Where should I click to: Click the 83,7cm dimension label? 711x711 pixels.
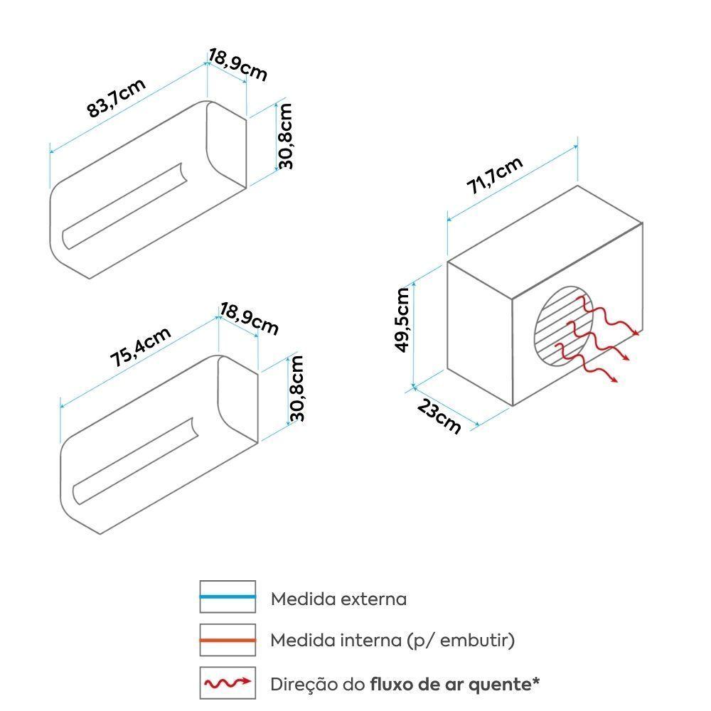[x=116, y=97]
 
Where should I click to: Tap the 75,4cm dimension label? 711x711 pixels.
[x=141, y=346]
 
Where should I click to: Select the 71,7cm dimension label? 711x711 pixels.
[x=495, y=175]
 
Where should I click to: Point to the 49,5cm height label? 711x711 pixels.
[x=402, y=320]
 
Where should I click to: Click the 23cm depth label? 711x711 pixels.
[x=439, y=416]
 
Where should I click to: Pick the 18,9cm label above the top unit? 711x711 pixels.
[x=237, y=65]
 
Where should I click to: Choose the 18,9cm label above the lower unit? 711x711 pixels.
[x=249, y=319]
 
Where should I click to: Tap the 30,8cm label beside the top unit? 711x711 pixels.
[x=286, y=136]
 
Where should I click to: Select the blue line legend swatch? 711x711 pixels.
[x=228, y=597]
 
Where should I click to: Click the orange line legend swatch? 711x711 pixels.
[x=228, y=640]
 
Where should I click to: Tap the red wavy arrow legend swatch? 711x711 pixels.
[x=228, y=683]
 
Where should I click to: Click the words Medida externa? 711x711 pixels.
[x=338, y=599]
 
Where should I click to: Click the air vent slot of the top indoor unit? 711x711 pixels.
[x=124, y=206]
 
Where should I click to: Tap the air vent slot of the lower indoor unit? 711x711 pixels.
[x=136, y=461]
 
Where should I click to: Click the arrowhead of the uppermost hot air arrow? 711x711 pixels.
[x=636, y=333]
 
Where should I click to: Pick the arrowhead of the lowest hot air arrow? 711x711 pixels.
[x=614, y=380]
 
